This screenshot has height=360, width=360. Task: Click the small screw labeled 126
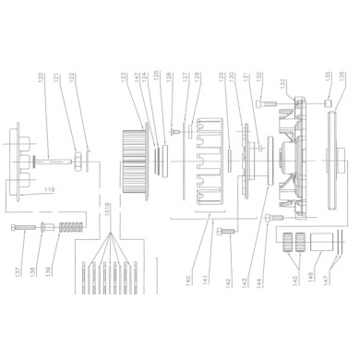point(173,135)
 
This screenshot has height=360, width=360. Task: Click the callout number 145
point(294,273)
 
